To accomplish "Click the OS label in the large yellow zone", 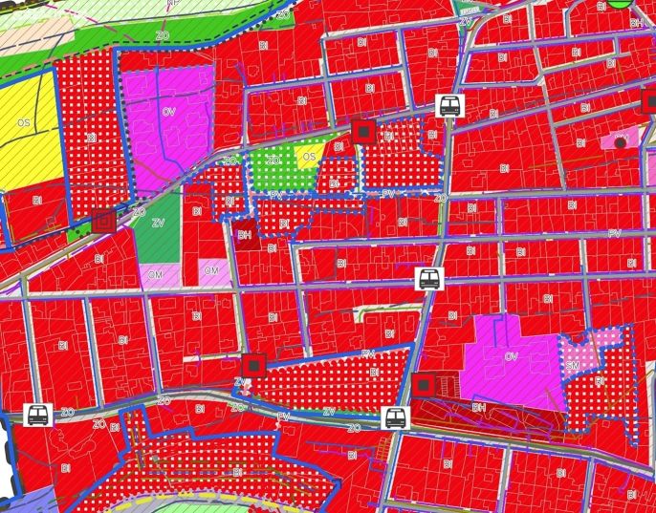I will click(23, 123).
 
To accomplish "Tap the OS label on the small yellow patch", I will click(309, 157).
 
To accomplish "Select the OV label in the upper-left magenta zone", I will click(169, 113).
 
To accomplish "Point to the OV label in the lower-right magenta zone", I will click(511, 356).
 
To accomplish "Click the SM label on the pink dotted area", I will click(573, 366).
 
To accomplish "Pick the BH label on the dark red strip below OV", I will click(478, 406).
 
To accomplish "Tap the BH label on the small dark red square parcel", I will click(245, 234).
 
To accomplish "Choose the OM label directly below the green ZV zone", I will click(154, 273).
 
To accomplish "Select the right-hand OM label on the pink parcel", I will click(211, 270).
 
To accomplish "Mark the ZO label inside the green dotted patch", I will click(274, 160).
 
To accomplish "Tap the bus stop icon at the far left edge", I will click(38, 415).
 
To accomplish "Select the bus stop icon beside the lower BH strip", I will click(394, 417).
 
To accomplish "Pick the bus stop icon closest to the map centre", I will click(429, 280).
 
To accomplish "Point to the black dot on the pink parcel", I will click(620, 142).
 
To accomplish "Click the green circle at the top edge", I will click(623, 3).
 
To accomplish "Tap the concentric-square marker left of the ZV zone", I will click(104, 223).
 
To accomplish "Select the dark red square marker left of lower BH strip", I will click(424, 385).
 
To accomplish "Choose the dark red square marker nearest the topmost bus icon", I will click(362, 131).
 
